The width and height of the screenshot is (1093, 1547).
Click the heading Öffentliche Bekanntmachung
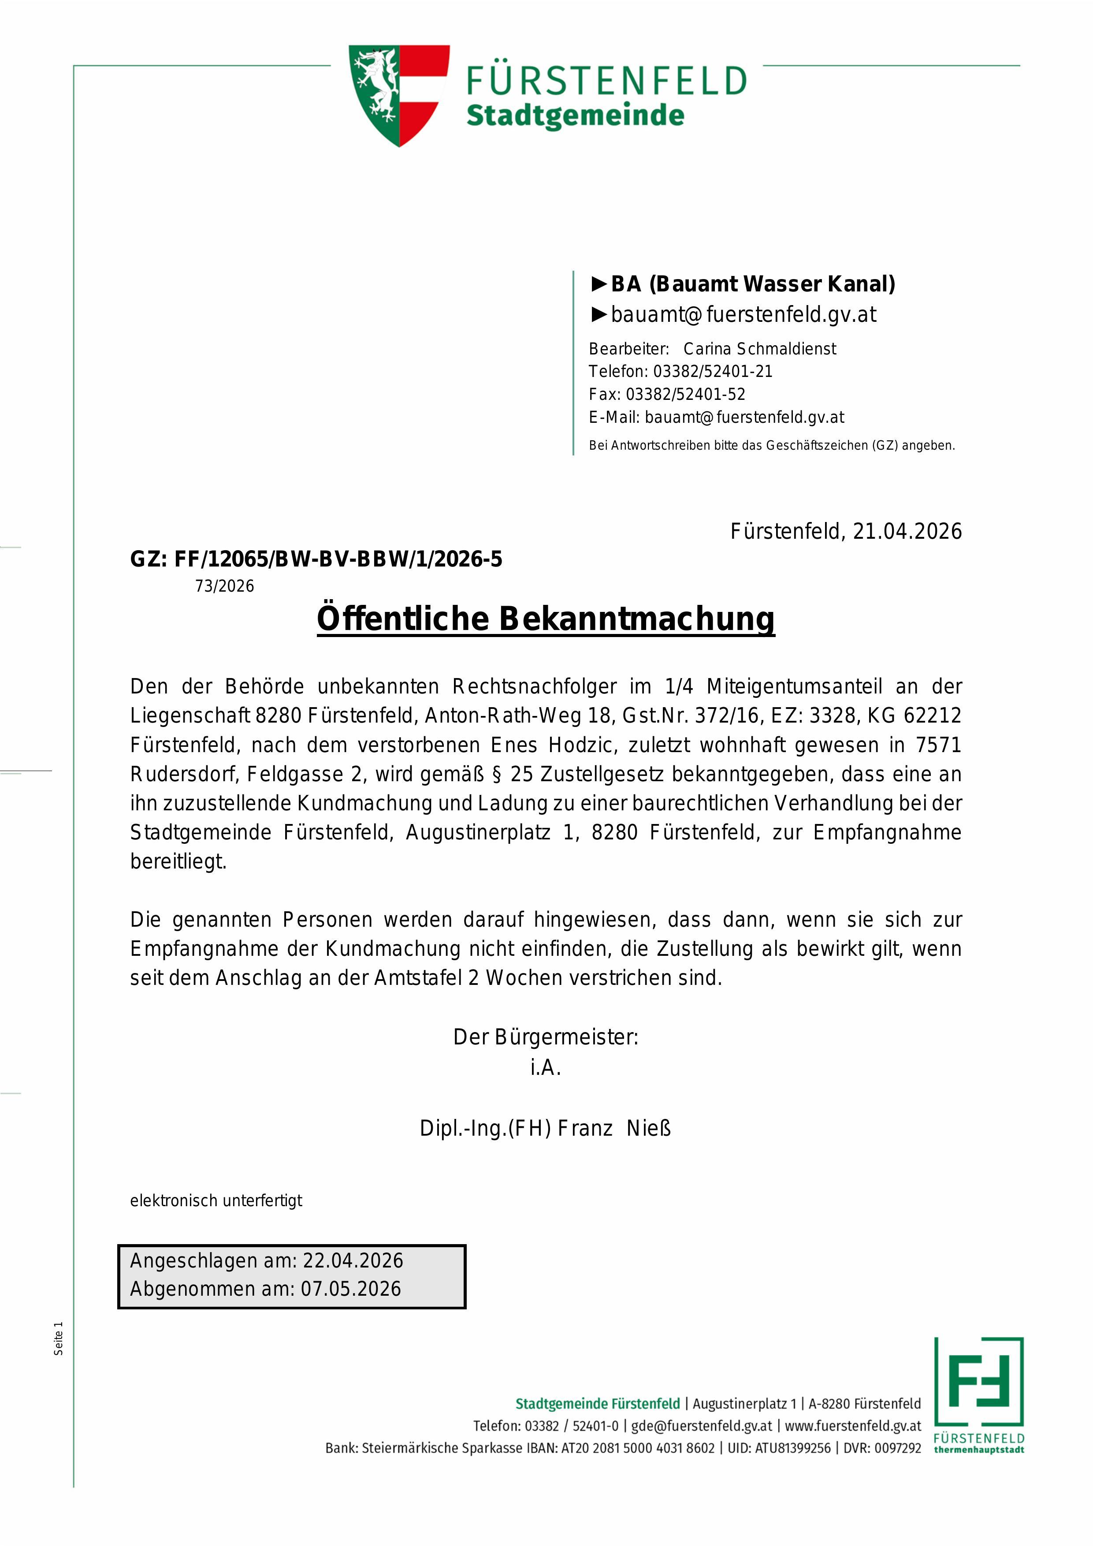[546, 619]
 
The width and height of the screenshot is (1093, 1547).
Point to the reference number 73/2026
[225, 586]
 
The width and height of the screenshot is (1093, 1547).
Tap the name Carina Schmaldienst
[760, 349]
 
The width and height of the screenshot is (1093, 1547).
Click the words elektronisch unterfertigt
[216, 1200]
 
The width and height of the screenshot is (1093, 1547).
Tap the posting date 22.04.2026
[353, 1260]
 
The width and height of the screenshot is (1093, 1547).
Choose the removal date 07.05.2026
[351, 1289]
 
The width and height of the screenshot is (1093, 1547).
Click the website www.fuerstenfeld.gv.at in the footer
[852, 1426]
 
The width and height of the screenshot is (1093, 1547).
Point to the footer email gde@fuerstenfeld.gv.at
[701, 1426]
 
